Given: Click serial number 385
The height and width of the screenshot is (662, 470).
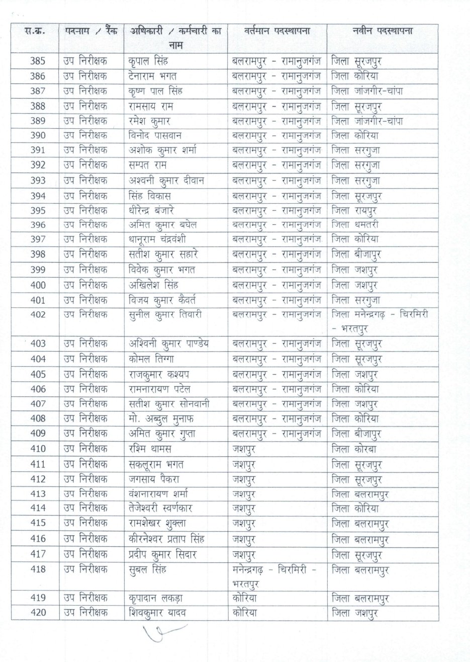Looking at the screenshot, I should coord(38,62).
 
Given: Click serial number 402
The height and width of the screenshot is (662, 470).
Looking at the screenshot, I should coord(38,315).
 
